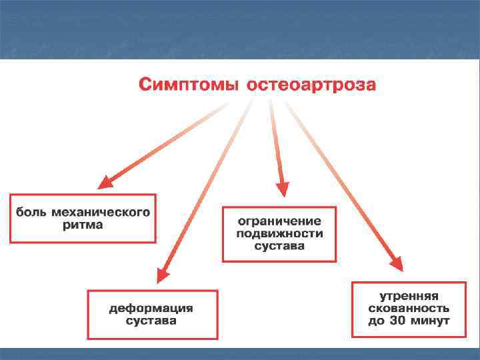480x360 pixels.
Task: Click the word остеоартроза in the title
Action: coord(311,85)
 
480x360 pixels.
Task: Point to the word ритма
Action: coord(83,225)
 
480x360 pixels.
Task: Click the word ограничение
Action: coord(279,221)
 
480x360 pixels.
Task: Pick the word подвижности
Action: coord(279,233)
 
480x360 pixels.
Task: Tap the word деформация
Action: coord(151,308)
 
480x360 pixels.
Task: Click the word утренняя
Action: coord(409,297)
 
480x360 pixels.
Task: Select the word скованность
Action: coord(409,309)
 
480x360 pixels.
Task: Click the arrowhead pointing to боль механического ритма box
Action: coord(106,182)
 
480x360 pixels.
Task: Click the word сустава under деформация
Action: coord(151,321)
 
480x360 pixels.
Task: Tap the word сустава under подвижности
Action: coord(279,245)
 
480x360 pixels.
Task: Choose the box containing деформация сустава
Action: coord(153,314)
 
